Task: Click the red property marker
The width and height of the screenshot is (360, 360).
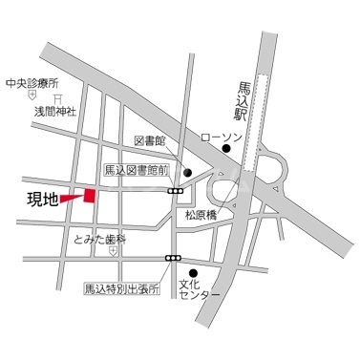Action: pyautogui.click(x=90, y=196)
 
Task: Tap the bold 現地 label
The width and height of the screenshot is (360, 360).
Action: pyautogui.click(x=42, y=201)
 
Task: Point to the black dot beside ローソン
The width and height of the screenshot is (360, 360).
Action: pyautogui.click(x=227, y=149)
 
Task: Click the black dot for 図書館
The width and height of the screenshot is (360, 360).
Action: pyautogui.click(x=188, y=173)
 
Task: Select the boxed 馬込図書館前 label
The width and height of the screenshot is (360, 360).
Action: pyautogui.click(x=137, y=169)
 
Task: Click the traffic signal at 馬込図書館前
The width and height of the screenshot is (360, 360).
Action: pyautogui.click(x=177, y=191)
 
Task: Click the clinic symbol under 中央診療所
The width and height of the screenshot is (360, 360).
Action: pyautogui.click(x=32, y=95)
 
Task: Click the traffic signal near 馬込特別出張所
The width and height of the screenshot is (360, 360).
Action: pyautogui.click(x=173, y=258)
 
